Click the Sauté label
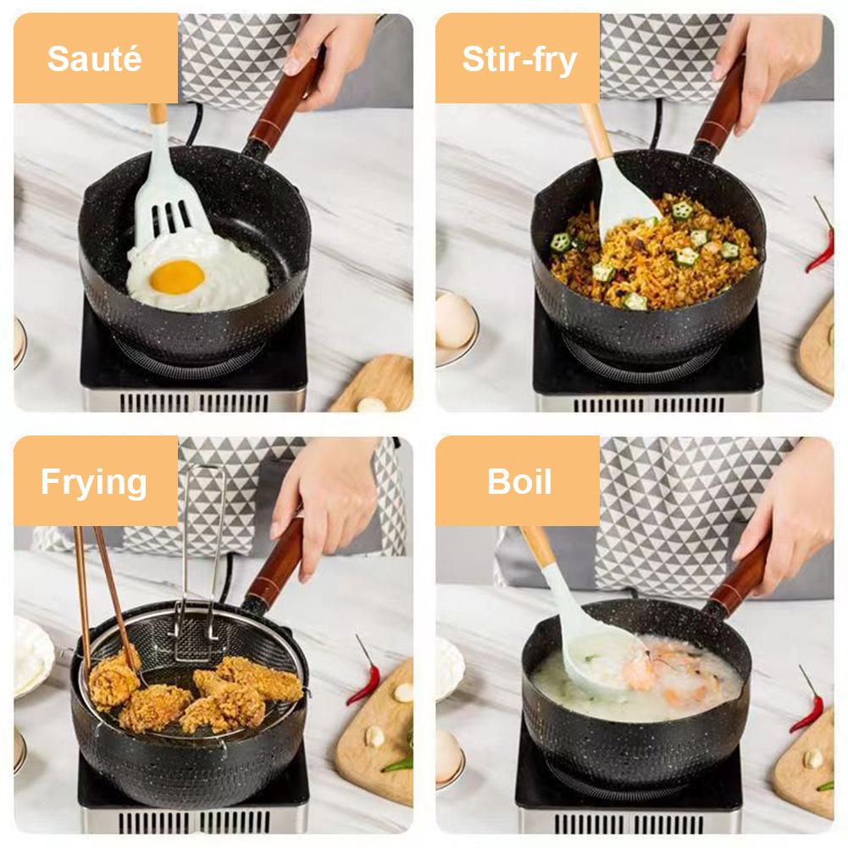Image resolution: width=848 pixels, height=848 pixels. (94, 59)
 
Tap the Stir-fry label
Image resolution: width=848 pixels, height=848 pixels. (518, 59)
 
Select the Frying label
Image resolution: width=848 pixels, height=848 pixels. (94, 482)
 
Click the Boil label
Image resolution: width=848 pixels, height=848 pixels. (518, 482)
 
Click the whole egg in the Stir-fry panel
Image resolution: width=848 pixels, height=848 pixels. (455, 321)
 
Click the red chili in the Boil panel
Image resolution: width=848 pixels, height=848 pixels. (806, 707)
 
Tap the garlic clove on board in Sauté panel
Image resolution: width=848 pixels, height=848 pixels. (369, 405)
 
